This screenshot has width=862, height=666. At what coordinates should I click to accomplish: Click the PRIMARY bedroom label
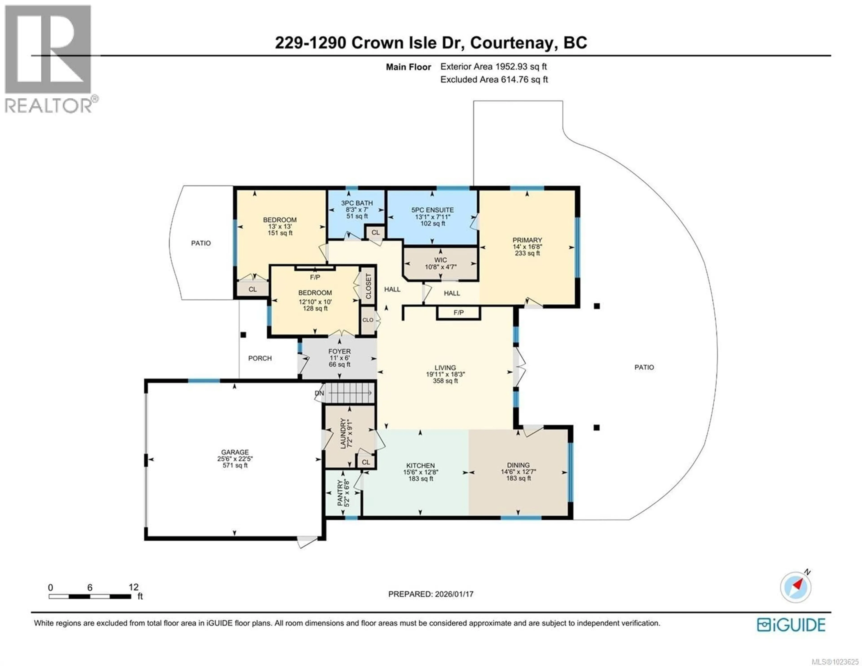(527, 240)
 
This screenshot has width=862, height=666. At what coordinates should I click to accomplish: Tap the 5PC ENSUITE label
(432, 210)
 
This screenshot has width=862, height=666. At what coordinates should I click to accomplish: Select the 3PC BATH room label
(357, 203)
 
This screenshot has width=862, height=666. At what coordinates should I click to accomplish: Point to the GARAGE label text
(235, 452)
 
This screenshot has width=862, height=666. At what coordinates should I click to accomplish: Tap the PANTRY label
(340, 493)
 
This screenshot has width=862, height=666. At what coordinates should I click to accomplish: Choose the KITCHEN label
(420, 466)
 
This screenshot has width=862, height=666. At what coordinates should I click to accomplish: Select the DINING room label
(518, 465)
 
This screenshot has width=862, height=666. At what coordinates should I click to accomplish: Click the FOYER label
(339, 351)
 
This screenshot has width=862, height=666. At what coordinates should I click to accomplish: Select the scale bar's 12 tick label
(133, 587)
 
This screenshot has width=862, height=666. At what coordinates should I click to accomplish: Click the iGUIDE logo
(791, 624)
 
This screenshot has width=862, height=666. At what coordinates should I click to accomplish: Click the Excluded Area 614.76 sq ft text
(494, 79)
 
